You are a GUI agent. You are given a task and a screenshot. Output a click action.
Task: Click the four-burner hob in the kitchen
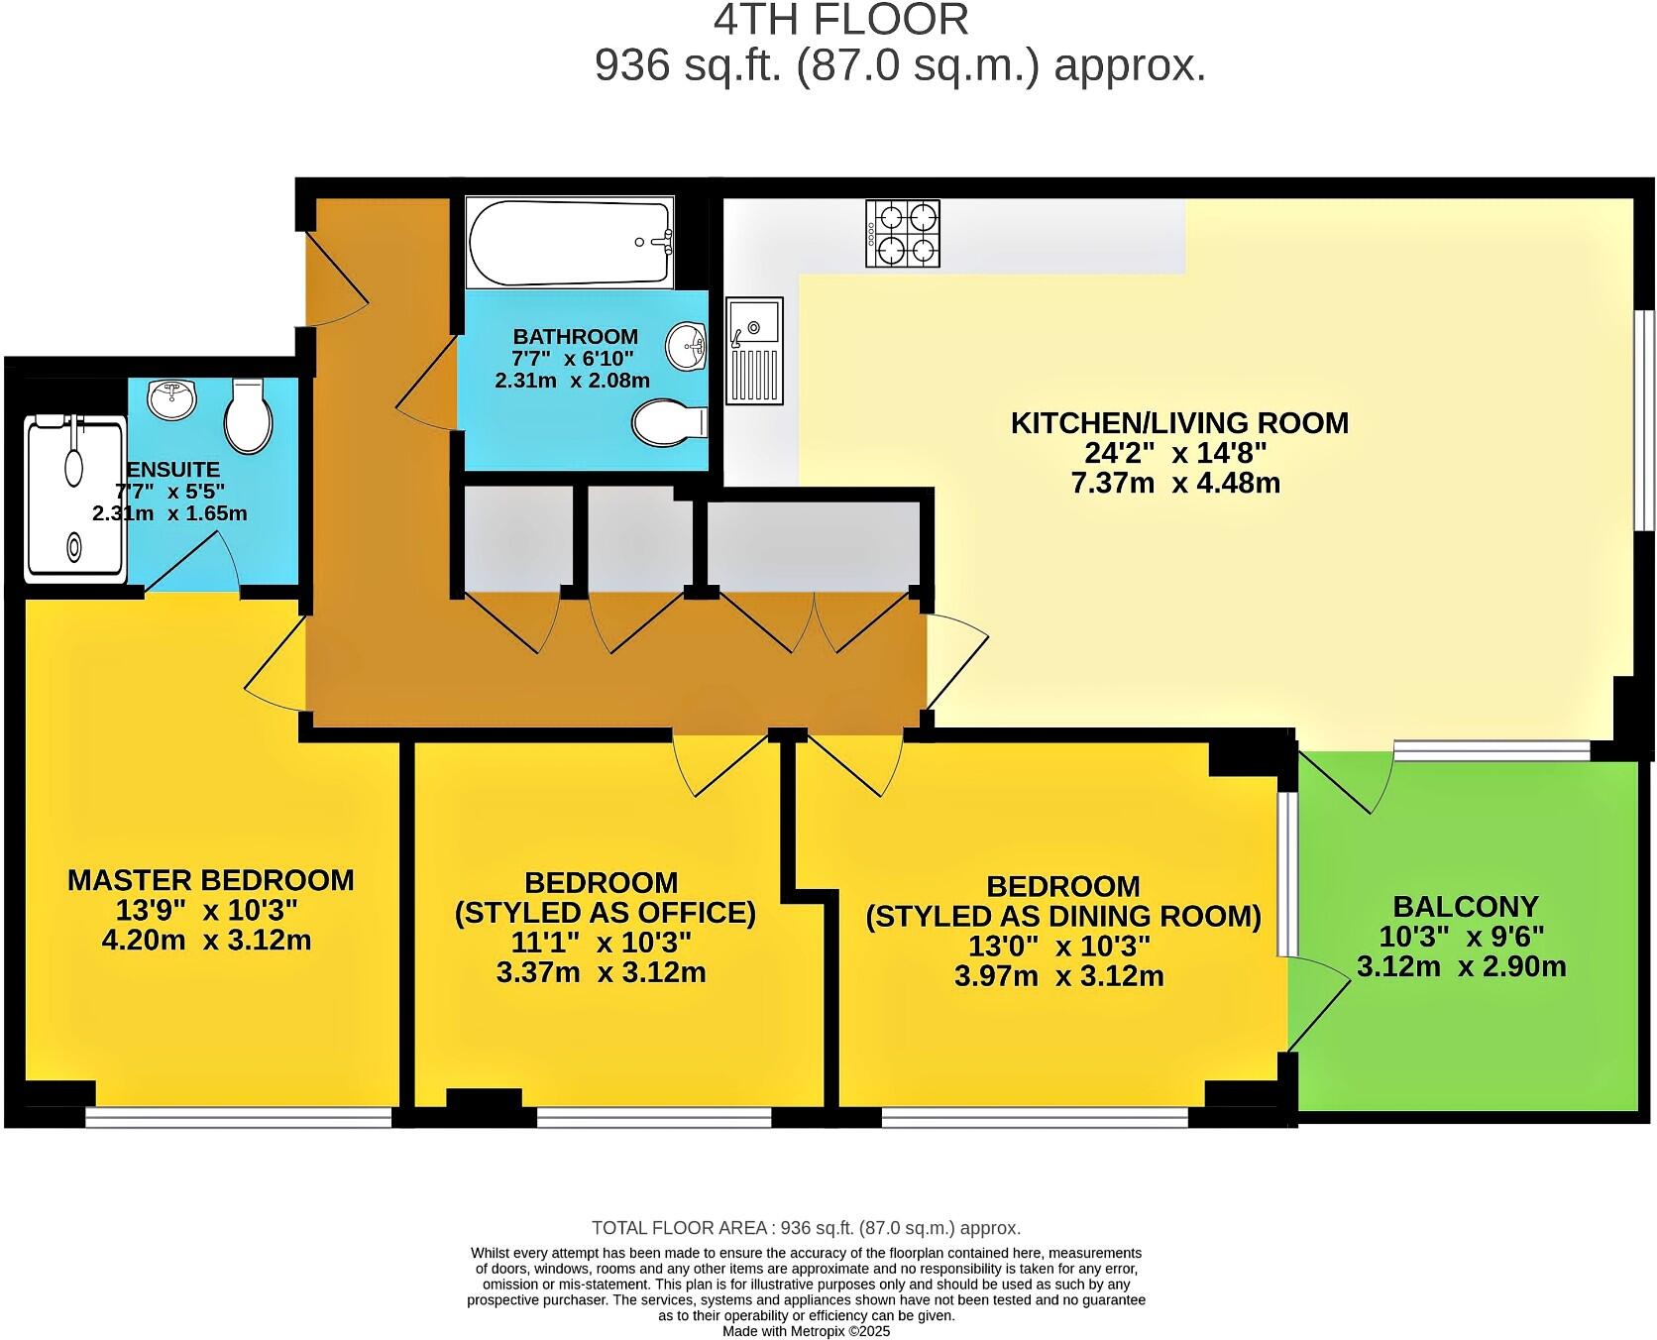click(903, 233)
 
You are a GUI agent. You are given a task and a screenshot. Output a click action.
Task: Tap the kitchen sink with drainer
click(755, 350)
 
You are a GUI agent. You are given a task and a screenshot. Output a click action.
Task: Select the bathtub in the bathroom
click(570, 242)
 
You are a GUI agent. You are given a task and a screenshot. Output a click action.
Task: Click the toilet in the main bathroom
click(669, 423)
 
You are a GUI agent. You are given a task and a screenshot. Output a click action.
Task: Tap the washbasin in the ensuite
click(172, 399)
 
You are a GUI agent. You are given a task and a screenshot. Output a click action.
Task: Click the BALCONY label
click(1465, 906)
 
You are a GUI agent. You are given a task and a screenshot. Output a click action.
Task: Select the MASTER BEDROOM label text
click(210, 880)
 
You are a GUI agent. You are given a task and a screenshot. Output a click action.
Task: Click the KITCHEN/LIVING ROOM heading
click(1179, 423)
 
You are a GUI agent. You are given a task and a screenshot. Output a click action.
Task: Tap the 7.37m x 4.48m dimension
click(1175, 484)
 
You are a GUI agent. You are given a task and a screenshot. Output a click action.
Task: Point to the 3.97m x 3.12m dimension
click(1058, 976)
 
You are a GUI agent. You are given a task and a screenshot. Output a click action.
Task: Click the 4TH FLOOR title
click(840, 20)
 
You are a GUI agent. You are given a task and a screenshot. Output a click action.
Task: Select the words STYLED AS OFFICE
click(605, 913)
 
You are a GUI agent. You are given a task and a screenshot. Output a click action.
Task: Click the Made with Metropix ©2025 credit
click(806, 1331)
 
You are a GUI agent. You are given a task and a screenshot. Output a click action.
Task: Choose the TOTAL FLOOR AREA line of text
click(806, 1228)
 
